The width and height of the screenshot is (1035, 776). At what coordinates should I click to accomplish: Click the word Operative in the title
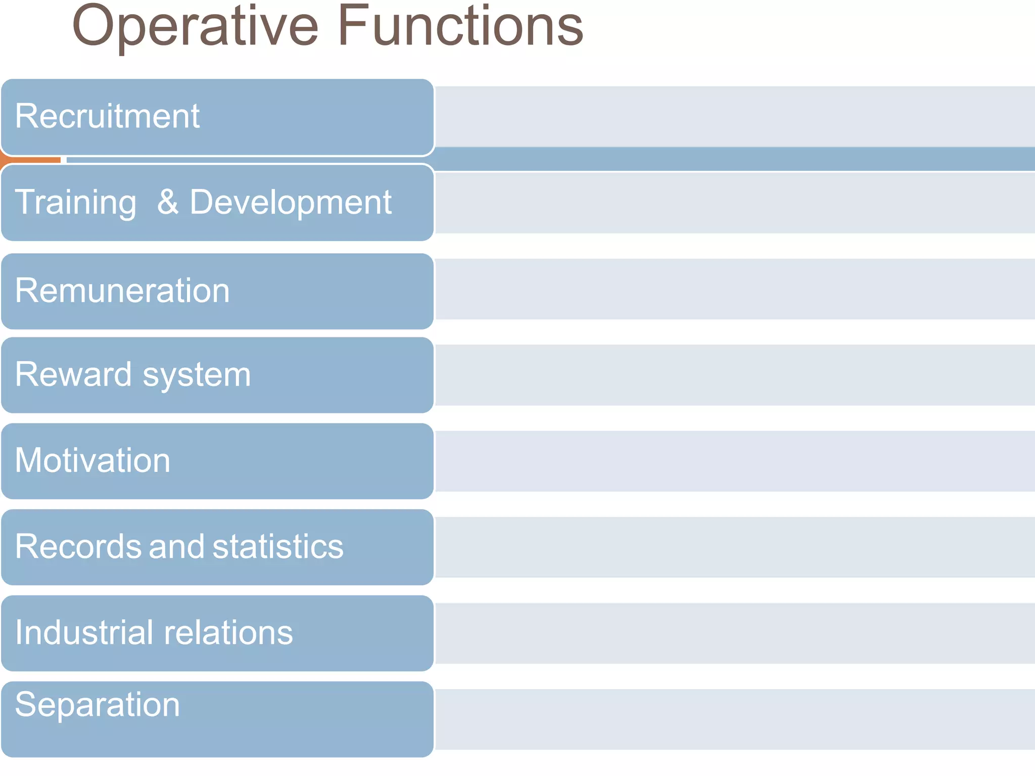coord(195,26)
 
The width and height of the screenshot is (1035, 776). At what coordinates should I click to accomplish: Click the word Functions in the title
coord(464,26)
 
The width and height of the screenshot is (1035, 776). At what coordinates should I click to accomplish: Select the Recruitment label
coord(107,116)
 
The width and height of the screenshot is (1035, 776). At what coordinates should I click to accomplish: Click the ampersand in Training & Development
coord(168,202)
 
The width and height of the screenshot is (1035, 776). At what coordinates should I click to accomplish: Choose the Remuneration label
coord(122,291)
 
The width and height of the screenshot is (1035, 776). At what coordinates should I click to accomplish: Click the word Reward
coord(73,375)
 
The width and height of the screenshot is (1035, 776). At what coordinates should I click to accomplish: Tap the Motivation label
coord(93,461)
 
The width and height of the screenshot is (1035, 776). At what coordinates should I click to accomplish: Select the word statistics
coord(278,547)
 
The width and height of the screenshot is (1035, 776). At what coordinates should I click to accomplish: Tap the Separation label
coord(98,705)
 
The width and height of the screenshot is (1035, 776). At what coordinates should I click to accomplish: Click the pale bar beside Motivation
coord(733,461)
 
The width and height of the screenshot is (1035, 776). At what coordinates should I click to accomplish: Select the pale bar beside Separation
coord(733,719)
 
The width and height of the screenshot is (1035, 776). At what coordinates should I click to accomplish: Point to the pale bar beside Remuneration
coord(733,289)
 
